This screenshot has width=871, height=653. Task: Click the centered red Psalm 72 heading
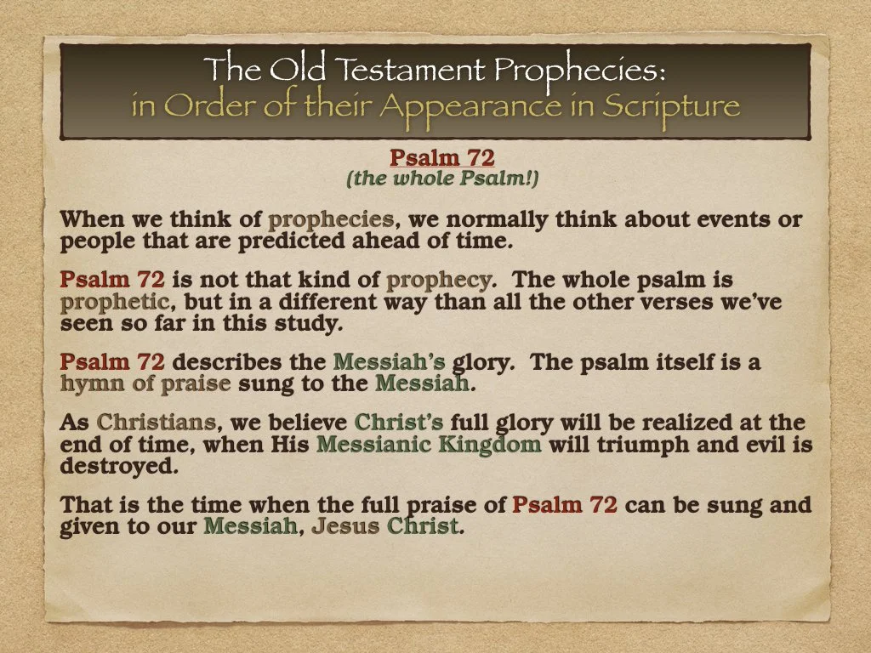tap(441, 158)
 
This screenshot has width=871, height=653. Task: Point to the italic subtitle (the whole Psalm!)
tap(441, 179)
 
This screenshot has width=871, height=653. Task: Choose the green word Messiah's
tap(389, 363)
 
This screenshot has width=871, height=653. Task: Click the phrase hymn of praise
tap(145, 383)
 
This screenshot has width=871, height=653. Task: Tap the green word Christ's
tap(399, 423)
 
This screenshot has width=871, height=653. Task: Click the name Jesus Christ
tap(384, 526)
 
